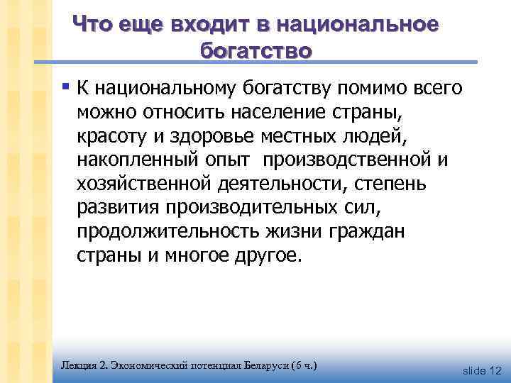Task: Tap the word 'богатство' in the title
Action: [x=256, y=52]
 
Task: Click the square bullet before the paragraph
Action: [x=65, y=89]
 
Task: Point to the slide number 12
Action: [x=495, y=371]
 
